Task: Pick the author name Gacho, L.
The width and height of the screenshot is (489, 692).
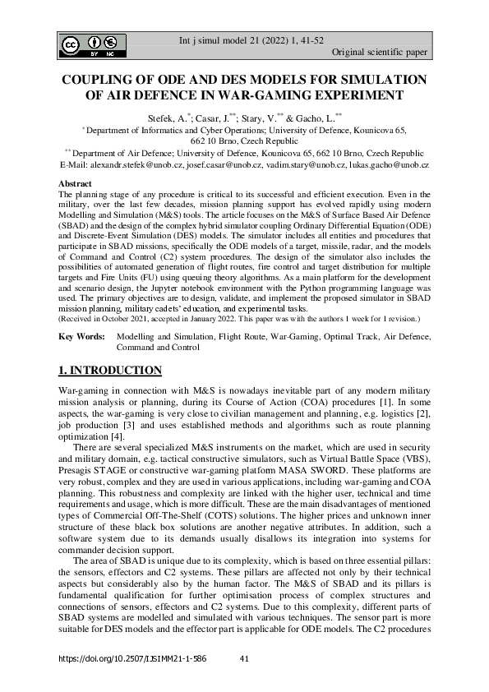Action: [x=310, y=118]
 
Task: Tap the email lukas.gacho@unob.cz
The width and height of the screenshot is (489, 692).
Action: [x=387, y=165]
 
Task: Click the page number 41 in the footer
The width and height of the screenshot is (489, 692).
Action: [x=243, y=658]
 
